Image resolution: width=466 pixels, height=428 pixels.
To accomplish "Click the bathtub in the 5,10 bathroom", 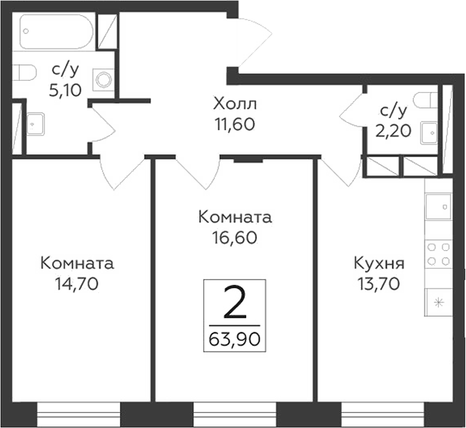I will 56,32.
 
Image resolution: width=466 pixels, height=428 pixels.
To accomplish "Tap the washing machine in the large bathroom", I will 104,79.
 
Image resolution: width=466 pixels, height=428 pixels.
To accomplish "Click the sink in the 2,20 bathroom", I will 429,131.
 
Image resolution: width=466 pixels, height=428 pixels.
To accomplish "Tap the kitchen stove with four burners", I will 438,254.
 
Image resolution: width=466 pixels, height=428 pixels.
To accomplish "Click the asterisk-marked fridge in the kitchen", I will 438,302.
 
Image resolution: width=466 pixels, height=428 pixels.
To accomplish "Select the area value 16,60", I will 235,237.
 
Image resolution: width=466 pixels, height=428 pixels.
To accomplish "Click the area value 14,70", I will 77,283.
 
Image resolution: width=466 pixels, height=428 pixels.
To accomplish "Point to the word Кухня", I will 379,264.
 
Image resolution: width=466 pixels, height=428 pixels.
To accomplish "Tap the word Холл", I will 235,105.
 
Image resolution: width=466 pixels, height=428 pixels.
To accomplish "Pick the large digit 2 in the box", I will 235,304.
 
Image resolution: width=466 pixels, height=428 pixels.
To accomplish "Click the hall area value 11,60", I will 235,124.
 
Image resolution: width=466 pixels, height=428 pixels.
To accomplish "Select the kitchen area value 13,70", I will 379,283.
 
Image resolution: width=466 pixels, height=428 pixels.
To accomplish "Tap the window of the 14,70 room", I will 78,414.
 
